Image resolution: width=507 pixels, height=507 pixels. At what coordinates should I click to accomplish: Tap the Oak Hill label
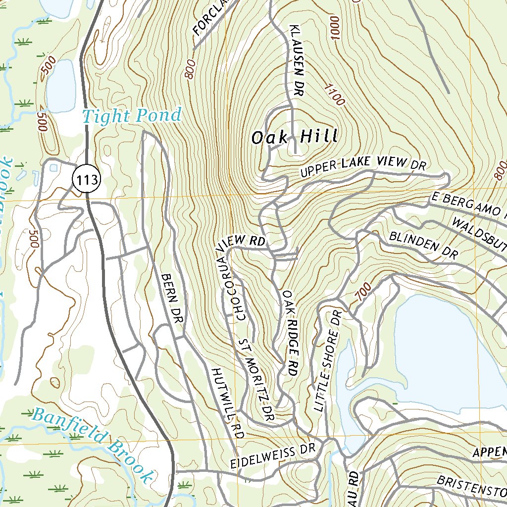coord(295,137)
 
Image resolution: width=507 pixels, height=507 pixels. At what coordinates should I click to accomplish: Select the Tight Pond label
coord(132,116)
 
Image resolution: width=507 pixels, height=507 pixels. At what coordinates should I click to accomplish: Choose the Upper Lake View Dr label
coord(363,166)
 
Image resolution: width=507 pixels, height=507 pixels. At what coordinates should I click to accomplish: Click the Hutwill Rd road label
coord(228,403)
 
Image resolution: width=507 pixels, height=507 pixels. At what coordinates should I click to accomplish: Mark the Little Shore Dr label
coord(327,361)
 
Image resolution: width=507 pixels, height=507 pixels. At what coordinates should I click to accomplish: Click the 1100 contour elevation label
coord(335,94)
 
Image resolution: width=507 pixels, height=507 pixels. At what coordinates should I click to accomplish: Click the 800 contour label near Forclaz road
coord(189,69)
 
